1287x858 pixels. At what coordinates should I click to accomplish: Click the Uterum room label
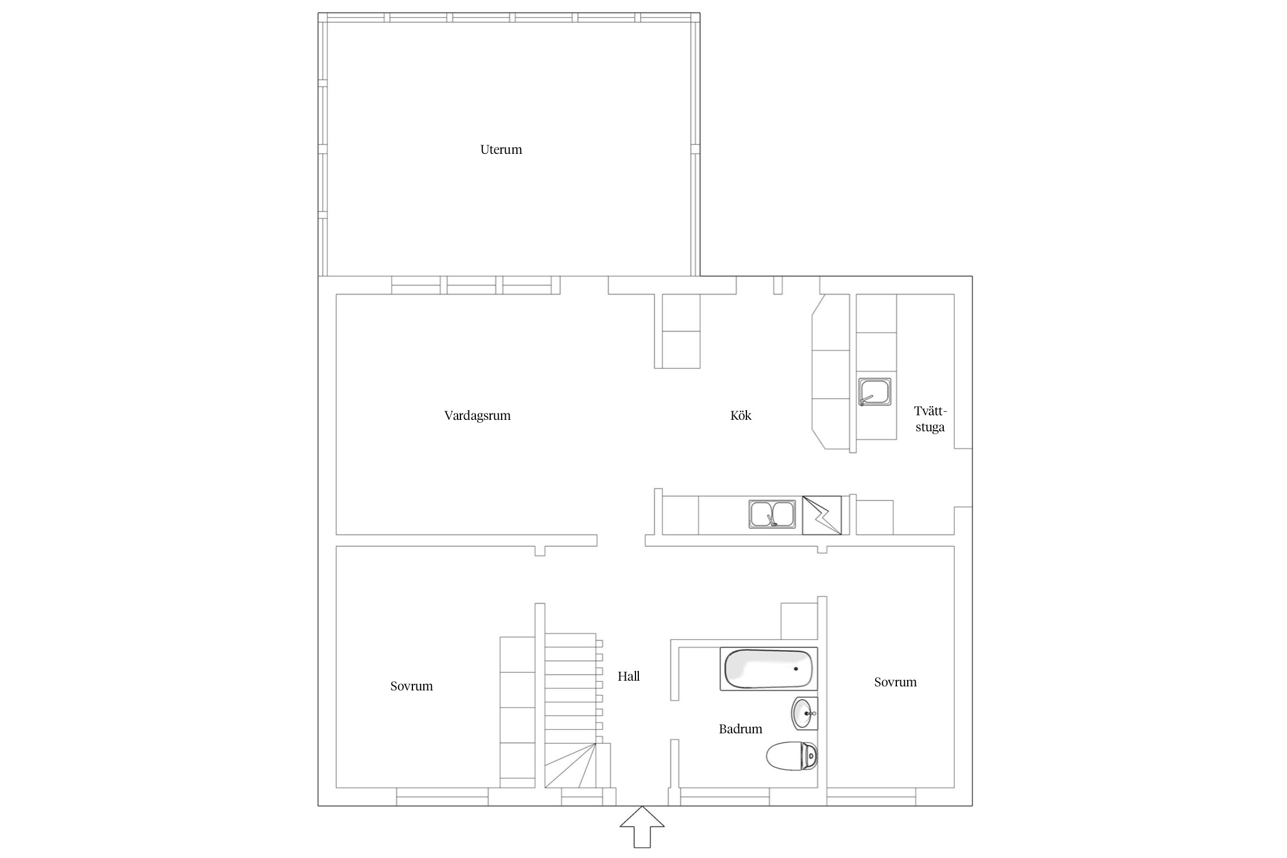tap(501, 150)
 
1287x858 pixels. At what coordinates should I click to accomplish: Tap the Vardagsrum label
tap(477, 416)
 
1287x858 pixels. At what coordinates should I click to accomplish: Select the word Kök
tap(741, 415)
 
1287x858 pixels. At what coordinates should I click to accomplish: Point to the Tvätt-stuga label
tap(930, 419)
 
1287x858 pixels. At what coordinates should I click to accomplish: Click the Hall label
tap(629, 676)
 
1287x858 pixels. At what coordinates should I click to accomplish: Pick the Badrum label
tap(741, 729)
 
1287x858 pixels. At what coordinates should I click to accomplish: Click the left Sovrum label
tap(411, 686)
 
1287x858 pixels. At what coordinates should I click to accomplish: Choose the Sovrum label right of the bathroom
tap(895, 682)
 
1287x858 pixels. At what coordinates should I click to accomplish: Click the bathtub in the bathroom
tap(769, 669)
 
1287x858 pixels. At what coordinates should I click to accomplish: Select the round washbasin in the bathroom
tap(805, 714)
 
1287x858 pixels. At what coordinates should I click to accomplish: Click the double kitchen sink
tap(772, 514)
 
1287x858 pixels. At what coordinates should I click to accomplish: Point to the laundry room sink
tap(874, 392)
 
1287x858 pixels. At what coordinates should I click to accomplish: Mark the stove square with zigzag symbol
tap(822, 515)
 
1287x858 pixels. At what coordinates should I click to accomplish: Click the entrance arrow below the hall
tap(642, 827)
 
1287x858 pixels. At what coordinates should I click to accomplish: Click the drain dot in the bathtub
tap(796, 669)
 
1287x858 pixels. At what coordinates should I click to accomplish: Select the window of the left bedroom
tap(442, 797)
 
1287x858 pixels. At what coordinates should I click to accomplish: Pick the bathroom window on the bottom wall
tap(725, 797)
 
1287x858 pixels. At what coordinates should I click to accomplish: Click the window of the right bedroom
tap(871, 797)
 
